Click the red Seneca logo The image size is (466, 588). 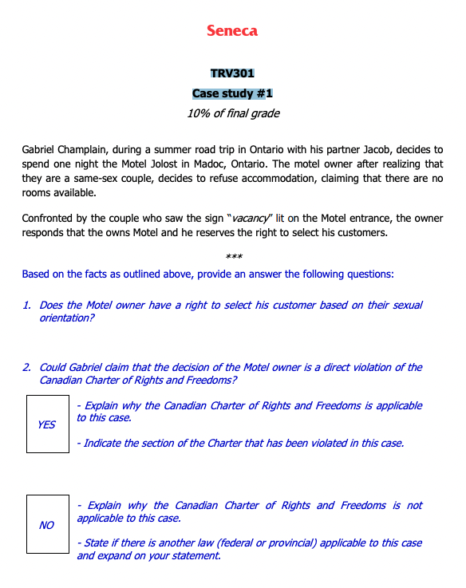point(232,31)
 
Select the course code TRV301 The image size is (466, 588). point(232,74)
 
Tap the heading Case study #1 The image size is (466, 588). point(232,93)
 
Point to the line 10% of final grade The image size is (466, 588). point(232,113)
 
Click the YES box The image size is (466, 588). point(47,424)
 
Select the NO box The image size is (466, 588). point(47,525)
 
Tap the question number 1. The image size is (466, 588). point(27,306)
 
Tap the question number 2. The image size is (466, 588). point(27,368)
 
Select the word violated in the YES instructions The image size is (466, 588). point(312,443)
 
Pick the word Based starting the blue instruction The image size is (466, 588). point(37,274)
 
